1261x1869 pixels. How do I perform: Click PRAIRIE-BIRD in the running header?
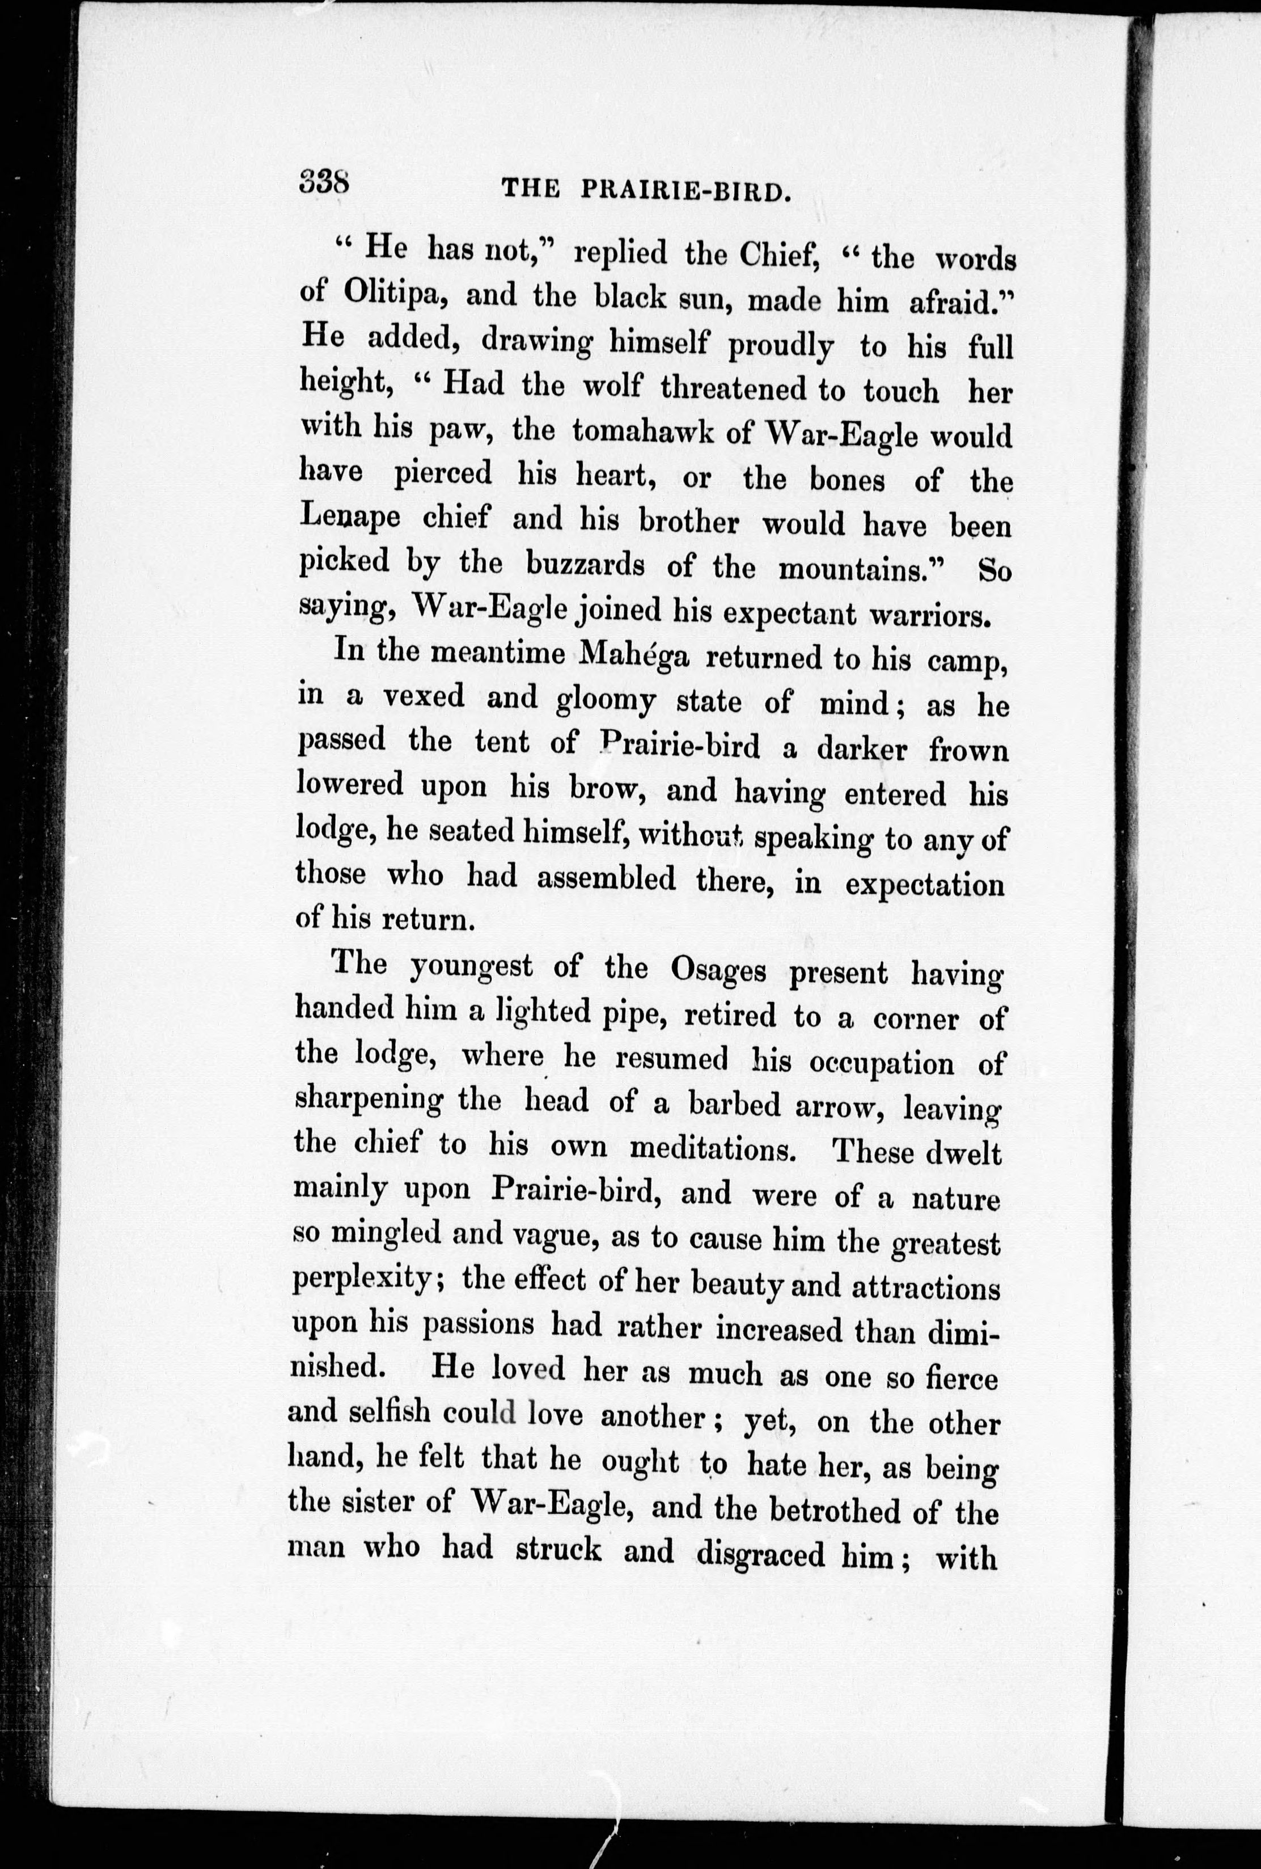click(682, 191)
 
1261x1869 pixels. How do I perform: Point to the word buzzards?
click(585, 565)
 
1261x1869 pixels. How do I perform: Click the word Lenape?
click(350, 517)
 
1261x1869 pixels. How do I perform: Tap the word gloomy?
click(605, 700)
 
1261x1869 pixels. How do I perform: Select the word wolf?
click(611, 386)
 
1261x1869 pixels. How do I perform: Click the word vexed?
click(423, 696)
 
